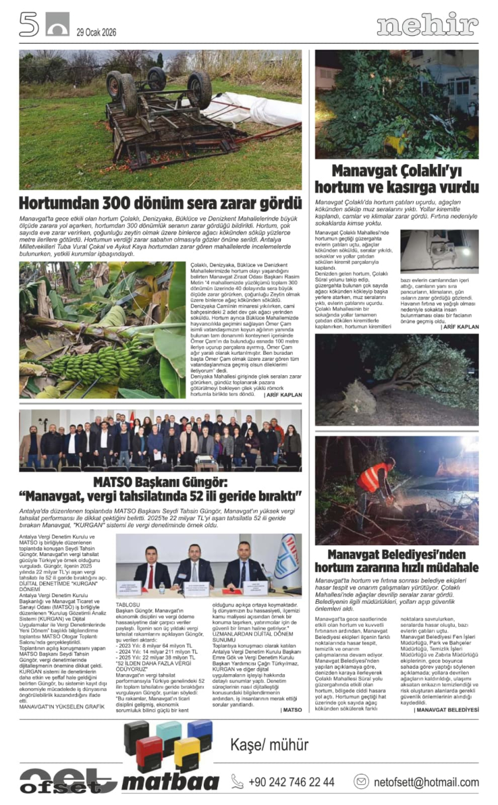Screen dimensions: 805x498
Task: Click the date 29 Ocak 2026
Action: pos(97,32)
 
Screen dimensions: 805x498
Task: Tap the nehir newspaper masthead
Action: pos(428,25)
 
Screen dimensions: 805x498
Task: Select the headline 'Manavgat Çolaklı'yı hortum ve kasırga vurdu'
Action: pos(396,179)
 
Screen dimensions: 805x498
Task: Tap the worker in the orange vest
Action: pos(376,480)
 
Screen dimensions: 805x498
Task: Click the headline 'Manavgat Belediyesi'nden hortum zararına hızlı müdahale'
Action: pos(396,561)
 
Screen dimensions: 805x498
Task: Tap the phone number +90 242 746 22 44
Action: pos(291,782)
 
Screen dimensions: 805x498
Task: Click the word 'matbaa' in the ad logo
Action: pos(169,782)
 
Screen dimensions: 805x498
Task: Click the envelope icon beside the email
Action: pos(361,781)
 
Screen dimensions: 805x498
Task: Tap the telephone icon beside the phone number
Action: pos(237,782)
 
